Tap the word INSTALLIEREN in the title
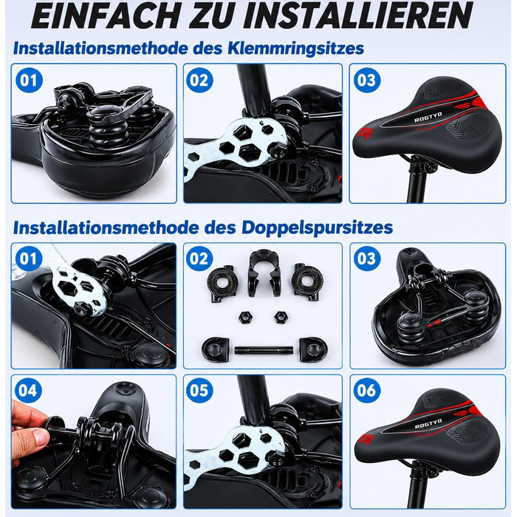coord(357,16)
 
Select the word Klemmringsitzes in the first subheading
coord(296,49)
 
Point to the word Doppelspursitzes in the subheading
coord(317,227)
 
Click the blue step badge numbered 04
coord(28,390)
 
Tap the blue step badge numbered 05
coord(199,390)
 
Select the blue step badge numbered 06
coord(366,390)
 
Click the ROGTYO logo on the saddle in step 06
coord(428,424)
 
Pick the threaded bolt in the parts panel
coord(263,350)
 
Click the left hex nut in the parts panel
coord(245,317)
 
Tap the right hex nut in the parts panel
coord(281,317)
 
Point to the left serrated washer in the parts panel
coord(221,282)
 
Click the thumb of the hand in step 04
coord(37,439)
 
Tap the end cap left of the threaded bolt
coord(215,349)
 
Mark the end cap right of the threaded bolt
coord(313,349)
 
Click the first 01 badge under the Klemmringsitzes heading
coord(29,80)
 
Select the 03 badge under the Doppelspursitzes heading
coord(366,258)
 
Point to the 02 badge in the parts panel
coord(199,258)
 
